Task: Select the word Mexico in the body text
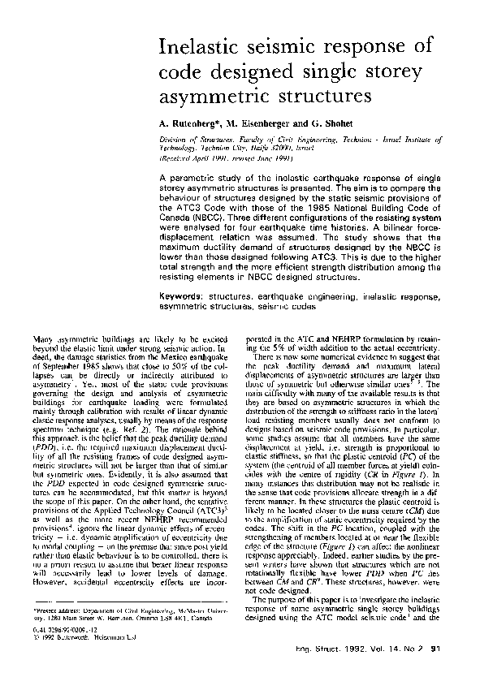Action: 187,356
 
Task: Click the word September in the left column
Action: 65,365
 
